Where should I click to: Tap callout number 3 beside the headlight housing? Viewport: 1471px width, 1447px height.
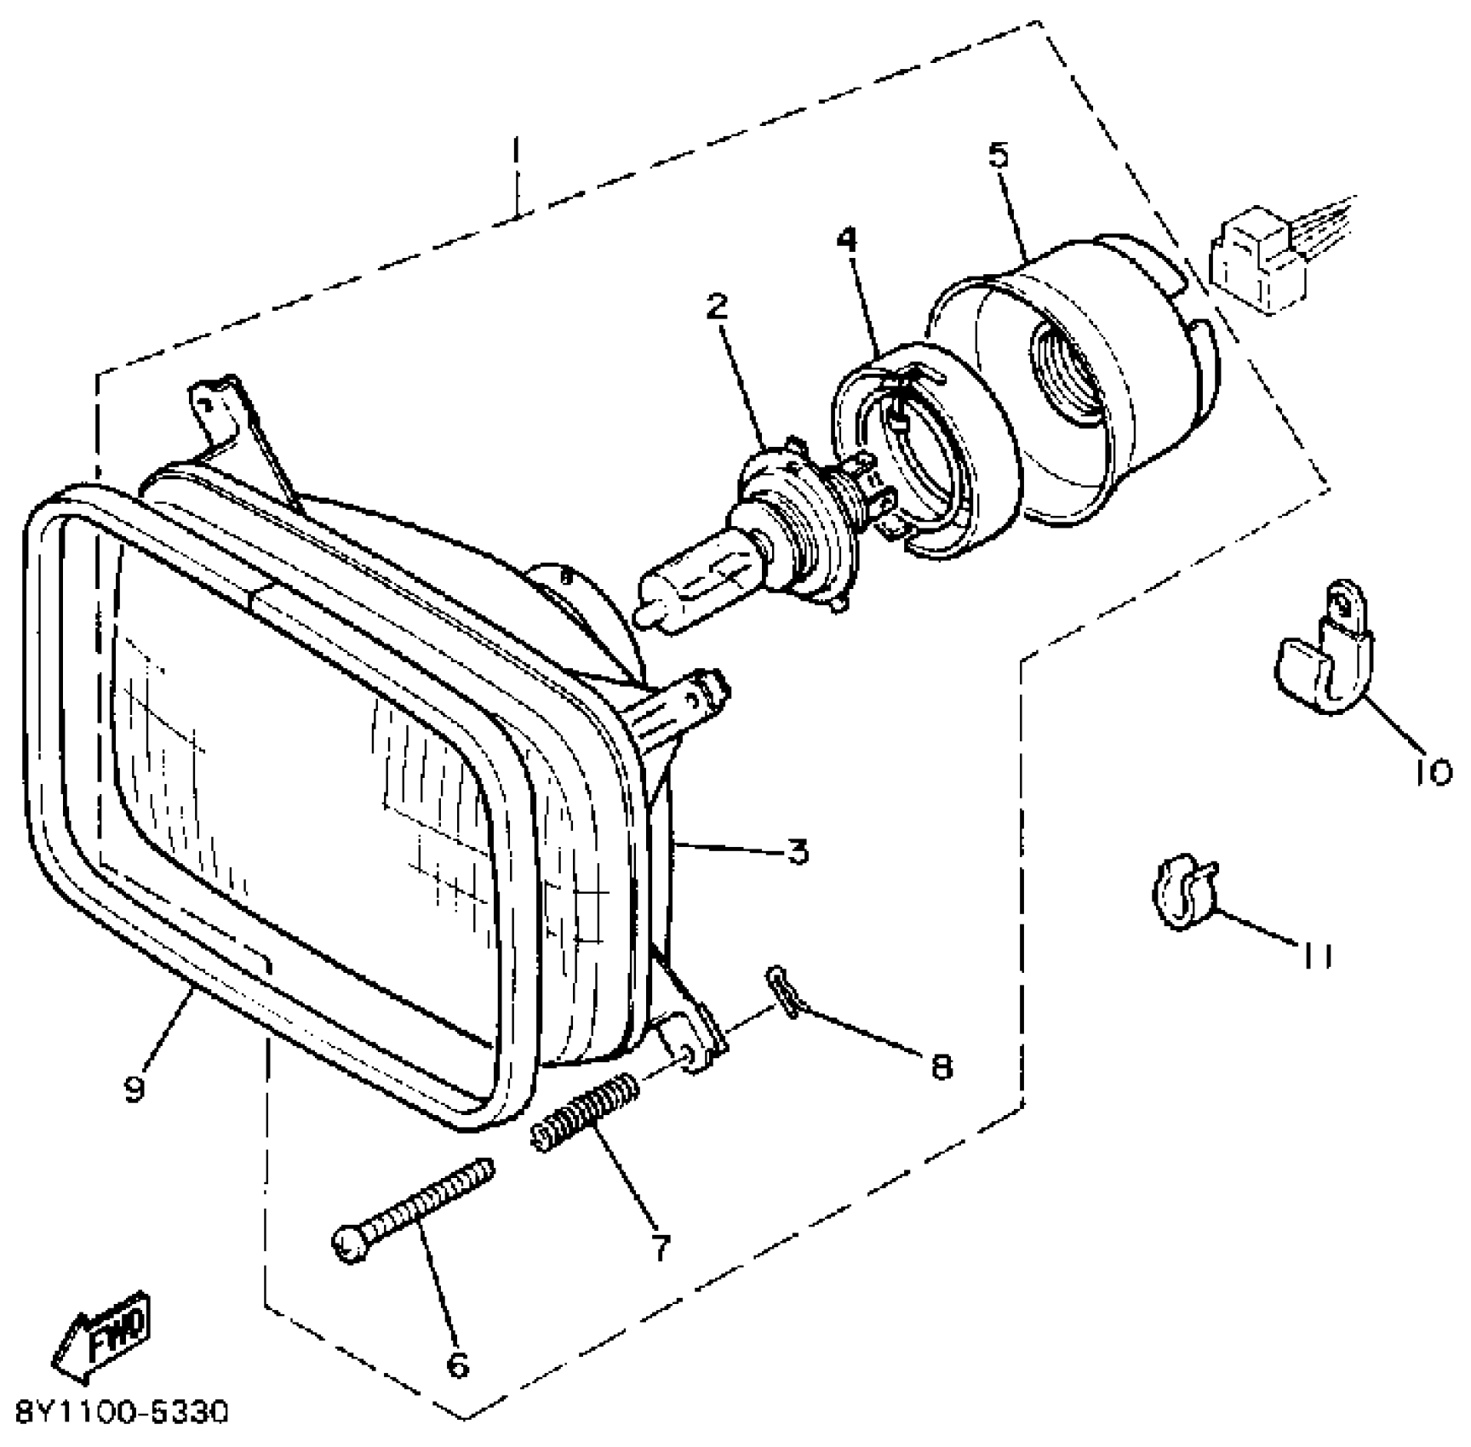[797, 850]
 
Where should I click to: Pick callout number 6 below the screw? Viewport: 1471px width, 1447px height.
[457, 1364]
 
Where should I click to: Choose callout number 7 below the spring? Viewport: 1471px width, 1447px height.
[660, 1247]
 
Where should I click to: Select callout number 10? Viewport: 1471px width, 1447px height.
[1434, 772]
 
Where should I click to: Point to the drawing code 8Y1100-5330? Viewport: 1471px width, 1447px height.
[122, 1414]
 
